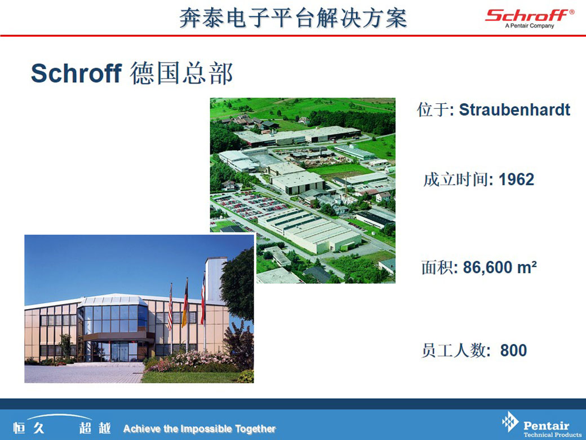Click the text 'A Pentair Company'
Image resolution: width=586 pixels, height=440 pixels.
[x=530, y=26]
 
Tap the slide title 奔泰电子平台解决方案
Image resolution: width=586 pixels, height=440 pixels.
[x=293, y=17]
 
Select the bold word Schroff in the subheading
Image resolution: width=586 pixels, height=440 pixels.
[x=76, y=73]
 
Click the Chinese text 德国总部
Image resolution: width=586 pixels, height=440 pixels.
[x=181, y=73]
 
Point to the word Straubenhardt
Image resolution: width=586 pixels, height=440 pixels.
[x=514, y=109]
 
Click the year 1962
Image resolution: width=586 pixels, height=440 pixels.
[x=517, y=179]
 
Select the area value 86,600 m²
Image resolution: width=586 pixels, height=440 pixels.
[x=500, y=267]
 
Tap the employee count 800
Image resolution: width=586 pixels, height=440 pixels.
[x=513, y=350]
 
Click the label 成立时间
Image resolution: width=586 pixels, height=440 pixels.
[x=456, y=179]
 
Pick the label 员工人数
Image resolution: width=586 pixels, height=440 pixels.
[x=454, y=350]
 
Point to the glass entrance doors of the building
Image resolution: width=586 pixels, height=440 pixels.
[x=119, y=351]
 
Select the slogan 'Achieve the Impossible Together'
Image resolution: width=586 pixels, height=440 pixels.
[x=199, y=428]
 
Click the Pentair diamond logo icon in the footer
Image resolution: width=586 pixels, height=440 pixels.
[x=510, y=422]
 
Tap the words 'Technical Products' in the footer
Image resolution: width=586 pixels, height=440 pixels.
[x=552, y=434]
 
